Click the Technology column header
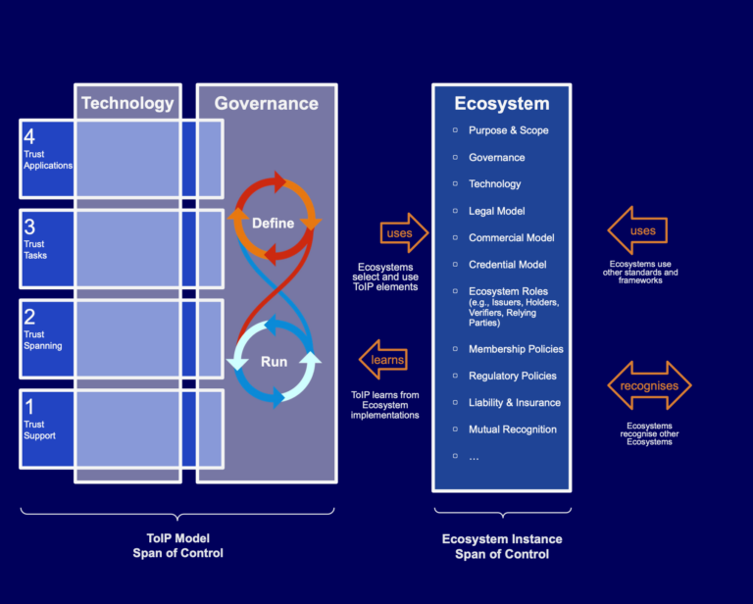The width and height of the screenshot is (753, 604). pyautogui.click(x=127, y=103)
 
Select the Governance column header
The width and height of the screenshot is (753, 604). pyautogui.click(x=266, y=103)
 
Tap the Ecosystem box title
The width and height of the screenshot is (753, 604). pyautogui.click(x=501, y=103)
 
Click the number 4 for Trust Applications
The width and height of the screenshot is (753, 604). pyautogui.click(x=29, y=136)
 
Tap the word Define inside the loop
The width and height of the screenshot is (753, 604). pyautogui.click(x=273, y=223)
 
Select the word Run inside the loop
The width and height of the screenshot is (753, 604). pyautogui.click(x=274, y=361)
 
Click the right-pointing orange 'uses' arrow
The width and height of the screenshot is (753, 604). pyautogui.click(x=404, y=233)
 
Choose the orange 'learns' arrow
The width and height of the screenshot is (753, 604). pyautogui.click(x=383, y=360)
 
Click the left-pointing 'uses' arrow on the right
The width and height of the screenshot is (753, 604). pyautogui.click(x=638, y=230)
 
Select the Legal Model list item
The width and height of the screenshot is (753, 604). pyautogui.click(x=496, y=211)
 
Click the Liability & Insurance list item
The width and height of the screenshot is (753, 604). pyautogui.click(x=514, y=402)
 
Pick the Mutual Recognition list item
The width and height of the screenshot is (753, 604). pyautogui.click(x=512, y=428)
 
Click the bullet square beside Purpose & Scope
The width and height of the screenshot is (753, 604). pyautogui.click(x=455, y=130)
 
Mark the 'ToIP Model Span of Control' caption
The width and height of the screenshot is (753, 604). pyautogui.click(x=177, y=545)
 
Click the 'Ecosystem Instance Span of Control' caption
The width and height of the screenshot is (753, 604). pyautogui.click(x=502, y=546)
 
